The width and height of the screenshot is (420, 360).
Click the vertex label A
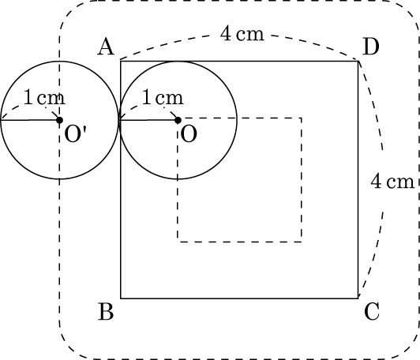point(106,47)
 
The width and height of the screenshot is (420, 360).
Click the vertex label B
point(106,311)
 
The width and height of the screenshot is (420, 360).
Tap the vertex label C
point(372,311)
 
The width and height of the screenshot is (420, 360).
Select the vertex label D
point(371,47)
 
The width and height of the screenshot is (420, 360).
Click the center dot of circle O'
point(59,120)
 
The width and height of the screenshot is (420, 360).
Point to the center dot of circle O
point(178,120)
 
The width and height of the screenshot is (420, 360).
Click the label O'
point(76,133)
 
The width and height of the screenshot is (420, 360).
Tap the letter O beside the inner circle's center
point(189,133)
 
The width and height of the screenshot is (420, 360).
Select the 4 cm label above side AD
point(242,34)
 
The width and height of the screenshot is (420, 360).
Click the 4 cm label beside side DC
point(392,182)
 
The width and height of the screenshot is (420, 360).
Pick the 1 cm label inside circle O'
point(44,97)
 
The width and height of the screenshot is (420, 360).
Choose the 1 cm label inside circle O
point(163,97)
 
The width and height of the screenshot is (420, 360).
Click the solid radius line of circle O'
point(30,120)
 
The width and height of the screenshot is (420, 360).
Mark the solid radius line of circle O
point(148,120)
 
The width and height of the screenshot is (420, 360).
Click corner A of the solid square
point(121,62)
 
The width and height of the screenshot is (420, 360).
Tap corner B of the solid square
point(121,298)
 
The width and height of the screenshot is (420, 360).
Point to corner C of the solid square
point(358,298)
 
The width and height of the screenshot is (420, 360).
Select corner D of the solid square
point(358,62)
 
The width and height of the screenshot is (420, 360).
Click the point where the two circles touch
point(119,120)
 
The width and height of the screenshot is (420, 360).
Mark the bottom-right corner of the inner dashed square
point(302,242)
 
